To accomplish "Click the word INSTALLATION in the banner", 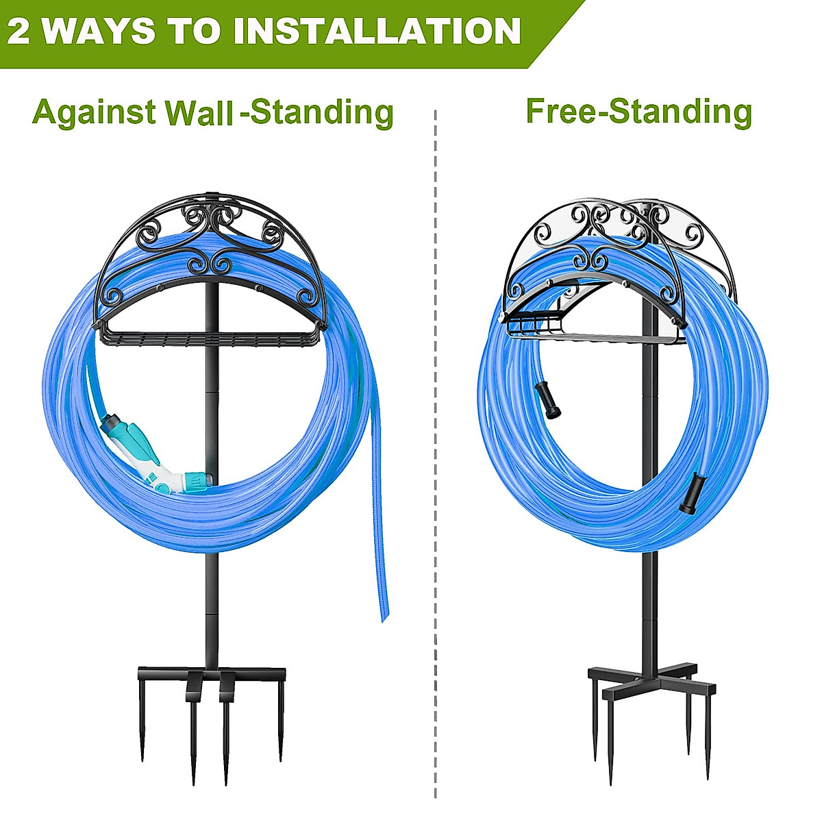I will click(x=376, y=31).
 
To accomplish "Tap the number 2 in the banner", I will click(x=19, y=31).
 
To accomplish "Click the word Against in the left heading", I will click(x=94, y=112).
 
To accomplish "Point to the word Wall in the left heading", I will click(x=199, y=113).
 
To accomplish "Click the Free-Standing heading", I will click(x=638, y=111).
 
